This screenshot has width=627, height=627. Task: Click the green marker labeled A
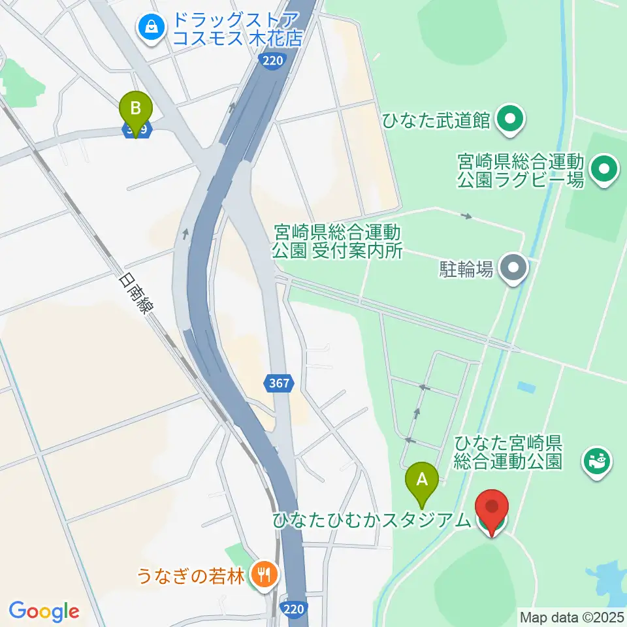point(423,481)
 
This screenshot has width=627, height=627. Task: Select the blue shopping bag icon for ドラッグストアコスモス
point(152,27)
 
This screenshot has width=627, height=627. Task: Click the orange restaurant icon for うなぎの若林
point(265,575)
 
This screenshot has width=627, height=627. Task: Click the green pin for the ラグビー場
point(604,170)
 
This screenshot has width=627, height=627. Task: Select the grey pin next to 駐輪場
point(514,268)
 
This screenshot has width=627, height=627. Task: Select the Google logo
point(44,611)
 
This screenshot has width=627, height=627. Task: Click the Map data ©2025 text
point(571,616)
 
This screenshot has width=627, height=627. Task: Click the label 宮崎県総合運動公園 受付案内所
point(337,241)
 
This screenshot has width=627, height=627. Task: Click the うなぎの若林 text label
point(190,576)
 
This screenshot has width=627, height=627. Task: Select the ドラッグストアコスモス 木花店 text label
point(237,29)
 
